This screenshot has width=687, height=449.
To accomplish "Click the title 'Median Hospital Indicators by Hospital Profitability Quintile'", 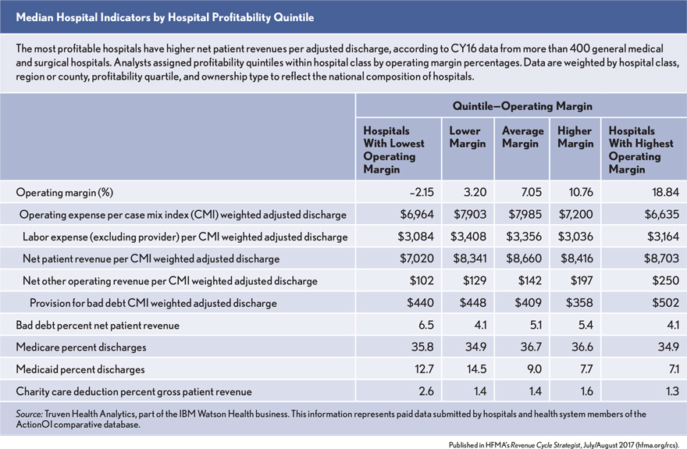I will click(x=166, y=15).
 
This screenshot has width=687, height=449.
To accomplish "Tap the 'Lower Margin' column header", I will click(x=468, y=137).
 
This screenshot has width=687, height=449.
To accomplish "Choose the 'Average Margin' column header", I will click(x=521, y=137).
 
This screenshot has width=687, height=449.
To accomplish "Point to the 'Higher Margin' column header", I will click(x=575, y=137).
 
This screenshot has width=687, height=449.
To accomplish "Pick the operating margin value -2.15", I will click(x=413, y=192).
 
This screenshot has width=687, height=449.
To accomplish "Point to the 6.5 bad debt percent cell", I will click(x=420, y=324).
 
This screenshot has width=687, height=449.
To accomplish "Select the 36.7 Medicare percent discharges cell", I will click(x=528, y=346).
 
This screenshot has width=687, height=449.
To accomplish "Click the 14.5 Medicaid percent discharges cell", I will click(x=474, y=369).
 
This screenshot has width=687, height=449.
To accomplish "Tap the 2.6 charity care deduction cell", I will click(x=420, y=390).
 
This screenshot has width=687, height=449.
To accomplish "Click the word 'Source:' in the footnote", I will click(x=30, y=412).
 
